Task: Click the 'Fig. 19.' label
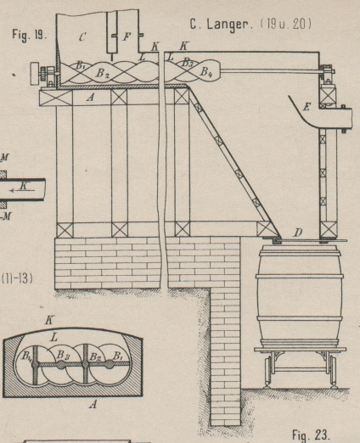(29, 35)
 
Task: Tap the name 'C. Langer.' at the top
(222, 25)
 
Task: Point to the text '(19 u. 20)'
(286, 24)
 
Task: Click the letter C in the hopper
(82, 37)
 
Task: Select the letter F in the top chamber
(127, 36)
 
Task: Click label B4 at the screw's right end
(206, 72)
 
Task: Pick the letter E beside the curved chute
(307, 107)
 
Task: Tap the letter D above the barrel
(297, 233)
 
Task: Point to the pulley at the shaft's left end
(36, 74)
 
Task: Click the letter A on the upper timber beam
(90, 98)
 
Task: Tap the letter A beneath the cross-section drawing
(93, 405)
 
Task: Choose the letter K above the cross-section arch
(49, 321)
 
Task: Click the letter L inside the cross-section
(54, 337)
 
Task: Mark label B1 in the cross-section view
(117, 356)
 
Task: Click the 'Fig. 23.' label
(311, 435)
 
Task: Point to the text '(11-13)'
(17, 279)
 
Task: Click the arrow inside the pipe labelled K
(22, 191)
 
